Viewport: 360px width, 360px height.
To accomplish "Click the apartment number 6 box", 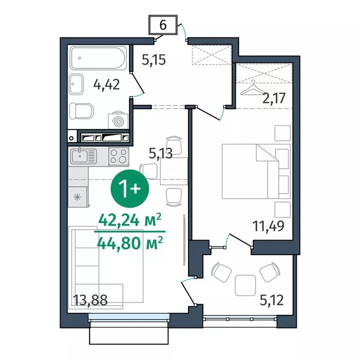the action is (163, 25).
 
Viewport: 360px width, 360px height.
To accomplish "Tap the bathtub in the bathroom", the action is (98, 58).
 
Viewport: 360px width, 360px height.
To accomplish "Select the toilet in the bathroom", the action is (82, 111).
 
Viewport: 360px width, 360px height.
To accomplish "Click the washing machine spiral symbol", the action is (119, 121).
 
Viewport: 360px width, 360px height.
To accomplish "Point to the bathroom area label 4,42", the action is (106, 84).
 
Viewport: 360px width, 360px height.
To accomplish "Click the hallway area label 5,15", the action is (154, 60).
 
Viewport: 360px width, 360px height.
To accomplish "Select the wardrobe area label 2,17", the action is (274, 98).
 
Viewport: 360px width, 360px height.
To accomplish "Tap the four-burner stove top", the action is (119, 157).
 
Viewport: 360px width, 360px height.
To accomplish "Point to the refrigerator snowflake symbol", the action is (77, 197).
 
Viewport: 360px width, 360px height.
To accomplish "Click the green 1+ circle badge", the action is (130, 188).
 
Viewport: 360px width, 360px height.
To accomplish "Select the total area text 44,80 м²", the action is (130, 243).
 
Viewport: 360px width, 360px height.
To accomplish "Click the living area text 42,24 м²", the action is (130, 220).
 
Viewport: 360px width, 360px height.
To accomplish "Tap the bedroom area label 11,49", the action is (268, 225).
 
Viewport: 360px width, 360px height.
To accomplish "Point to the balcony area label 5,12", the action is (271, 300).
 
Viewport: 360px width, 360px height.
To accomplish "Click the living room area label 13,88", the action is (90, 300).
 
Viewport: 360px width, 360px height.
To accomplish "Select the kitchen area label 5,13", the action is (160, 153).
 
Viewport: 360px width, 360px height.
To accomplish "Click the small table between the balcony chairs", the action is (245, 285).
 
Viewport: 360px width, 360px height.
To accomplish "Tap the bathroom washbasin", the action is (76, 84).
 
